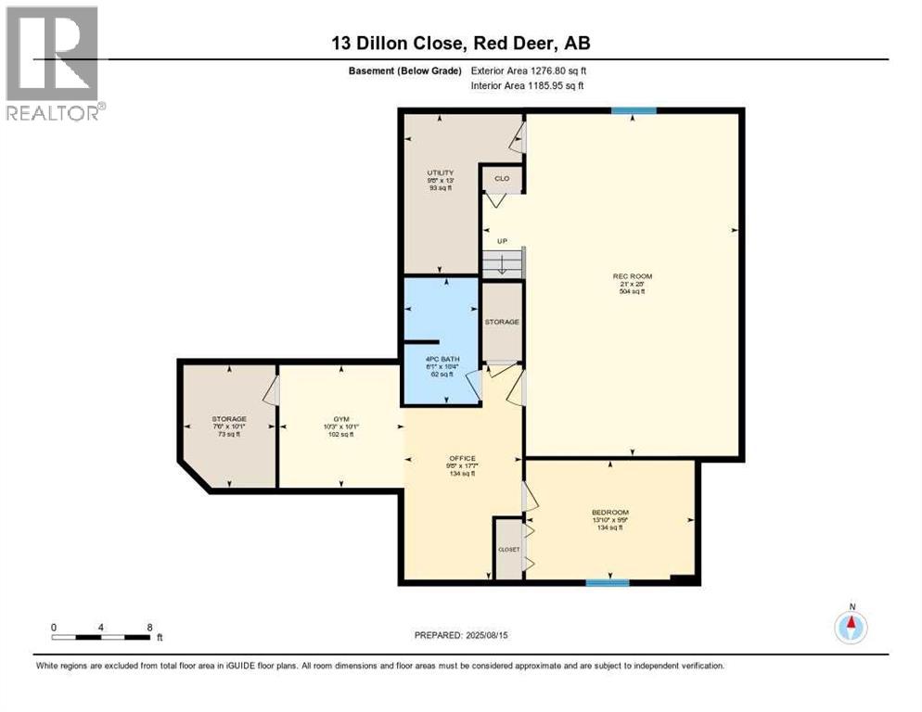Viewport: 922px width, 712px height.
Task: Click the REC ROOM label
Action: click(x=628, y=275)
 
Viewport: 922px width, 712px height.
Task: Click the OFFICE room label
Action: click(x=462, y=458)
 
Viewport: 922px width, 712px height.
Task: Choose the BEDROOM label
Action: click(x=610, y=513)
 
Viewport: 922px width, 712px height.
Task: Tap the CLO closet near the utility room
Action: click(x=501, y=178)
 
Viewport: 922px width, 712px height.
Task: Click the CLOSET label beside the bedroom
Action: click(x=508, y=549)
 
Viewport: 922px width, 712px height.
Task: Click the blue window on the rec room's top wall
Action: click(x=634, y=111)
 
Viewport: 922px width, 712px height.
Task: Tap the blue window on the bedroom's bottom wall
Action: click(x=608, y=583)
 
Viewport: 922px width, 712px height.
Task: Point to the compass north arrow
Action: click(x=851, y=627)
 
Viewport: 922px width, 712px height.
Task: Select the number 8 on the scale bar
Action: click(x=150, y=627)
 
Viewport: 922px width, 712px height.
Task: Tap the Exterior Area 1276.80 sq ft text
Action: click(x=529, y=70)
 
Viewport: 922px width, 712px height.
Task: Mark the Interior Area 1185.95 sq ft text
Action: click(x=528, y=86)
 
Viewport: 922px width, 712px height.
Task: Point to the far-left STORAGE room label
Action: click(x=228, y=419)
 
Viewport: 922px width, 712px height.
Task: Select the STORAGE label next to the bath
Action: click(x=502, y=322)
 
